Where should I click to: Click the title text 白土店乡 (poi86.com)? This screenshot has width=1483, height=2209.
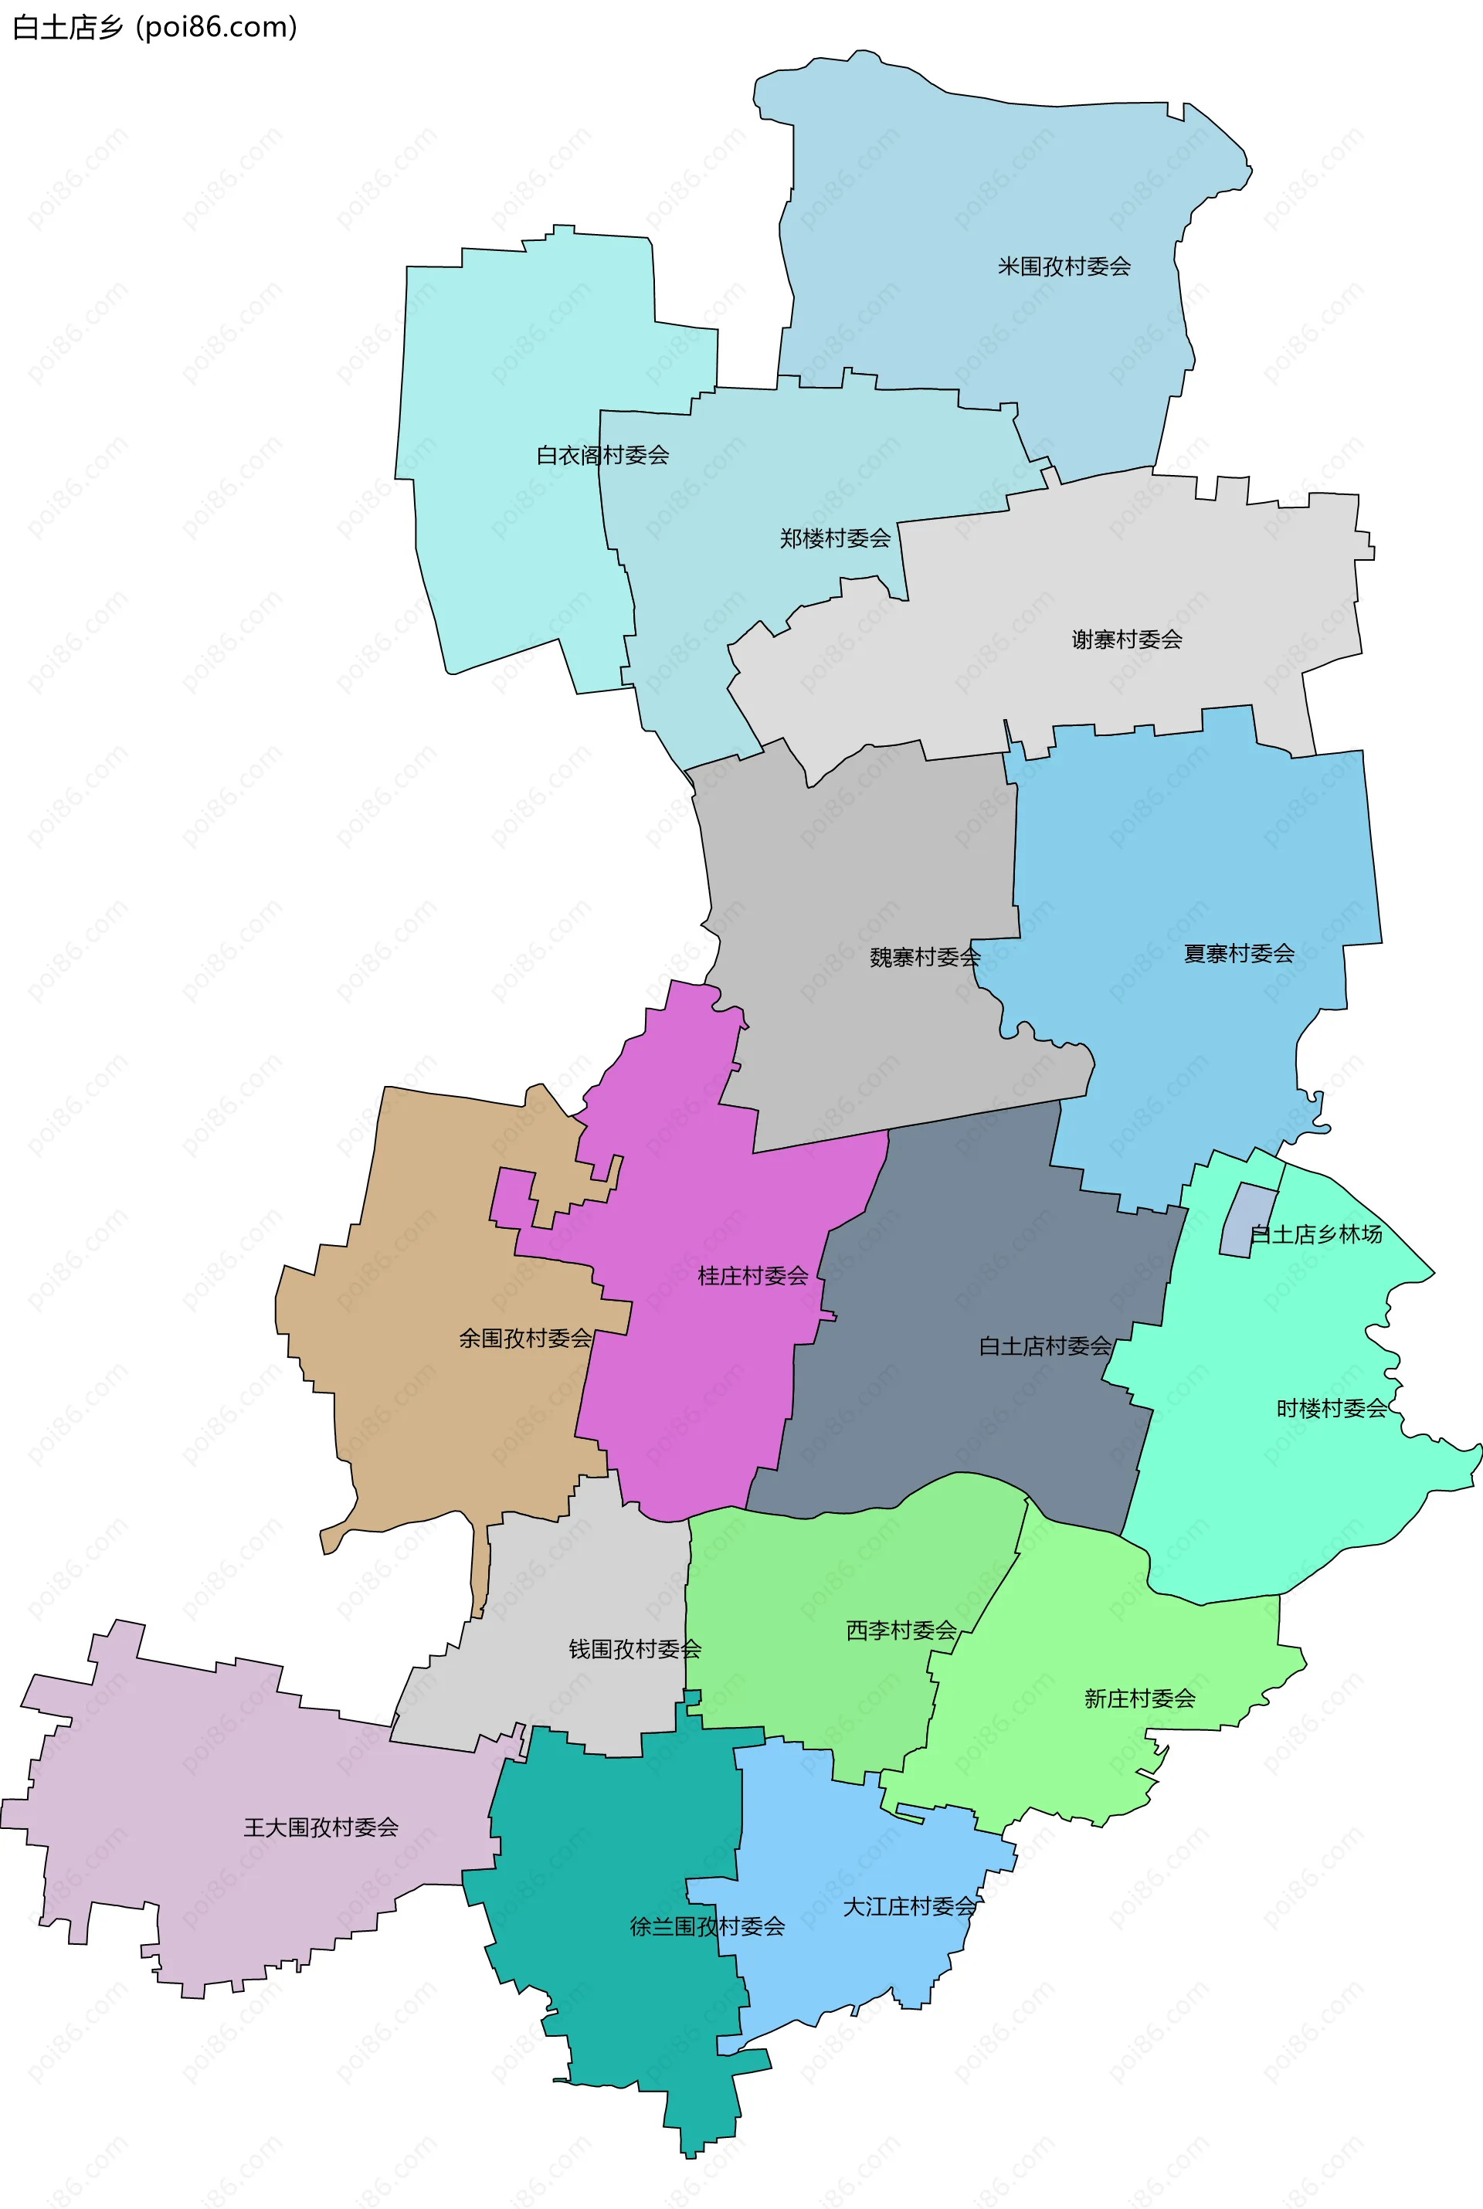(155, 26)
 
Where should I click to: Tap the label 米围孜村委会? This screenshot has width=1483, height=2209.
(1064, 266)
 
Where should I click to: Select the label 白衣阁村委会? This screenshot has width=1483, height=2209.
(602, 456)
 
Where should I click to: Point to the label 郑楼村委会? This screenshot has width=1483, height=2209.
(835, 539)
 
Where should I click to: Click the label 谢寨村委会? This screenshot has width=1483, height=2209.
(1126, 640)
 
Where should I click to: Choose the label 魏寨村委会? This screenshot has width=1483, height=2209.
(925, 958)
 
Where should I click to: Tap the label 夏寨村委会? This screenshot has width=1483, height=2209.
(1239, 954)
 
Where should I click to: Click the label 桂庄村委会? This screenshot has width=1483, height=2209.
(753, 1277)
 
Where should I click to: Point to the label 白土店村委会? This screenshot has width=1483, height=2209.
(1045, 1346)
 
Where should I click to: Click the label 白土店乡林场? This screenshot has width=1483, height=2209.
(1315, 1234)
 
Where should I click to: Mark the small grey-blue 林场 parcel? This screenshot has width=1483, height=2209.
(1247, 1220)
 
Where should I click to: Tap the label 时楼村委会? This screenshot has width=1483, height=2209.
(1332, 1409)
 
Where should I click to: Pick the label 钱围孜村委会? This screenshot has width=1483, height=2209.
(635, 1649)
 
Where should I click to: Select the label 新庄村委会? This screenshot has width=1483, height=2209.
(1140, 1699)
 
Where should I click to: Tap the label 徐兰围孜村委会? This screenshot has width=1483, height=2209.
(708, 1927)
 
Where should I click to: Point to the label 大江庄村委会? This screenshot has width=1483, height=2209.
(909, 1907)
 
